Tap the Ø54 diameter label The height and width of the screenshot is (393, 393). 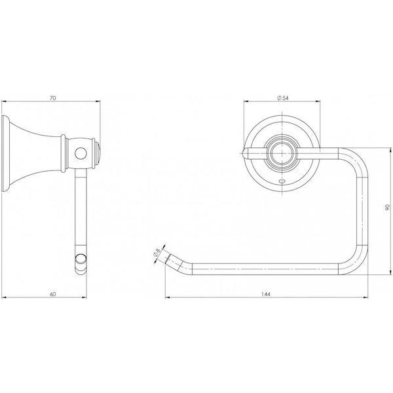tap(284, 98)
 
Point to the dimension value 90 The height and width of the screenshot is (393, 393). tap(387, 207)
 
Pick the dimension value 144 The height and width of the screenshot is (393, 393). tap(266, 294)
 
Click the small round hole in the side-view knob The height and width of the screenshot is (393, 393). tap(81, 154)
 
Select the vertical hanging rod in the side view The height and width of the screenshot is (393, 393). tap(81, 210)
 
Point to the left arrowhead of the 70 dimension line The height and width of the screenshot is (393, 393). tap(6, 102)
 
